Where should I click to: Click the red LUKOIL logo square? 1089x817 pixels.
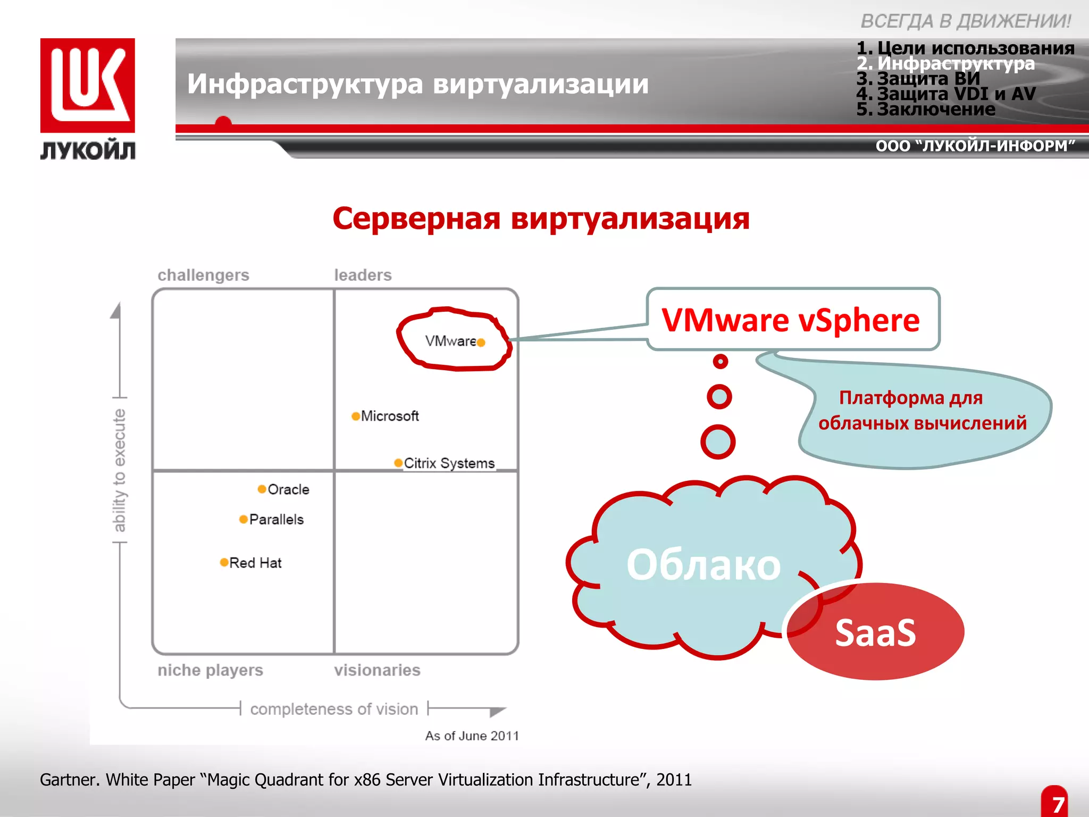(87, 85)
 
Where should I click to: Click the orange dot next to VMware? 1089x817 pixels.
(481, 343)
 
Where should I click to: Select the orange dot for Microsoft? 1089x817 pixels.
(356, 416)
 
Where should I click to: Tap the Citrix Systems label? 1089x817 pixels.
(449, 463)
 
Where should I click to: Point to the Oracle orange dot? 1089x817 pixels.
(262, 489)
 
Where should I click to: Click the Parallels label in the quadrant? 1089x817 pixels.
(276, 519)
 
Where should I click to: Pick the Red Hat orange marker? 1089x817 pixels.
(224, 562)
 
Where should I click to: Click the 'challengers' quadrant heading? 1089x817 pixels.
(203, 275)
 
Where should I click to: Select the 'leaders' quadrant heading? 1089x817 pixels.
(363, 275)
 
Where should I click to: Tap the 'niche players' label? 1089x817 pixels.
(210, 670)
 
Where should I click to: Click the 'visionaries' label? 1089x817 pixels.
(377, 670)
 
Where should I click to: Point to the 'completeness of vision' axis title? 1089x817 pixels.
(334, 709)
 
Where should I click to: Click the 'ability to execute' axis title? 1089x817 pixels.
(120, 470)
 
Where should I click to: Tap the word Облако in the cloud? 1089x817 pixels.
(703, 565)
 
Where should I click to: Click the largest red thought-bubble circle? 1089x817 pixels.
(717, 441)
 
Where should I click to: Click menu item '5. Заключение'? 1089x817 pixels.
(926, 109)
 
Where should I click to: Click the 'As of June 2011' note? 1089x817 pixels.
(472, 736)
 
